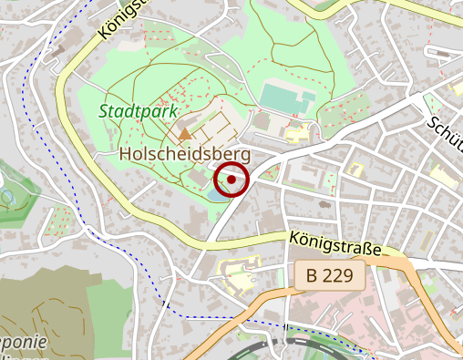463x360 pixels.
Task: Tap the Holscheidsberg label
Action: (x=184, y=156)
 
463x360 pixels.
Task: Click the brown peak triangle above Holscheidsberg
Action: (x=185, y=134)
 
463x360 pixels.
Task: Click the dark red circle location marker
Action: (x=231, y=180)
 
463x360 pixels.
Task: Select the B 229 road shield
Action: (x=330, y=274)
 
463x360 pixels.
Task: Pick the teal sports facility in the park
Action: (x=282, y=95)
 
